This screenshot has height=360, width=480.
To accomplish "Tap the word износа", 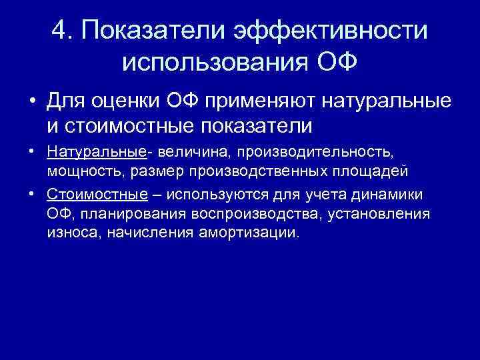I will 68,233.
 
